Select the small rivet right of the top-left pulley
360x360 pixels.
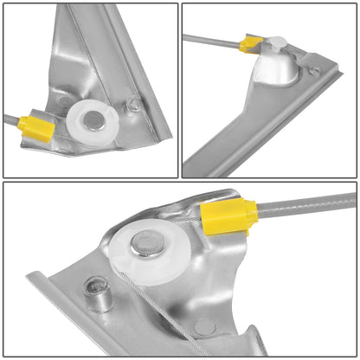(x=132, y=106)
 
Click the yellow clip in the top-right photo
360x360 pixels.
(x=252, y=43)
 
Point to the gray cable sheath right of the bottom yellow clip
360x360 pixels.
(x=303, y=204)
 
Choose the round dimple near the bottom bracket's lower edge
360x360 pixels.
(x=204, y=326)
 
